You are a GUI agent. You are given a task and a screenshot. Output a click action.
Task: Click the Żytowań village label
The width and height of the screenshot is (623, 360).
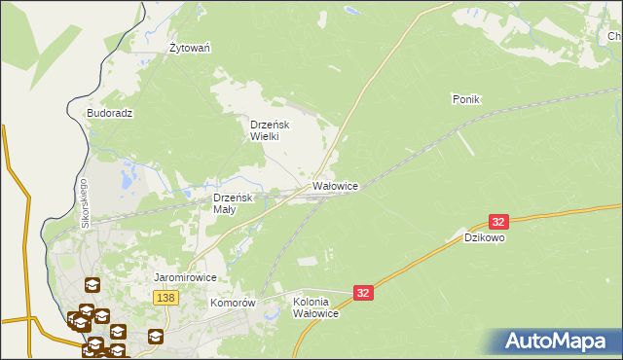[x=191, y=48]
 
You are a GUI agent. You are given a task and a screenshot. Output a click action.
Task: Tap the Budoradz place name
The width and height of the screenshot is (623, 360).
[x=109, y=113]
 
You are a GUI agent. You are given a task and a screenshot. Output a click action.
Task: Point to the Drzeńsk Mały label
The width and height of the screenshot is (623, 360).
[x=233, y=203]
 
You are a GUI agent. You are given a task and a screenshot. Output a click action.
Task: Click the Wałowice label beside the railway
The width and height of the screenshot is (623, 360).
[x=336, y=185]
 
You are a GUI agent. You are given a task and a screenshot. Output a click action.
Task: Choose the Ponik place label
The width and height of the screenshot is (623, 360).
[x=467, y=99]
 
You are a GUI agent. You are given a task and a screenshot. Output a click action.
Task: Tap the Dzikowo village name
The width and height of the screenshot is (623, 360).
[x=484, y=237]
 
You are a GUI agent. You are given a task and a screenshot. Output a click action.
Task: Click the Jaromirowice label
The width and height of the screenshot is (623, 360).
[x=185, y=277]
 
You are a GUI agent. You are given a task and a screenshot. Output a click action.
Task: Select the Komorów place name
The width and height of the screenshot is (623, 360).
[x=233, y=303]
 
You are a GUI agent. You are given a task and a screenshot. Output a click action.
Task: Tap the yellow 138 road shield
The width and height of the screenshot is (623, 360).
[x=165, y=298]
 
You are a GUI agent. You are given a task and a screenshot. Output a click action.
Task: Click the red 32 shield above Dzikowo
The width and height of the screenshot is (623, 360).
[x=499, y=223]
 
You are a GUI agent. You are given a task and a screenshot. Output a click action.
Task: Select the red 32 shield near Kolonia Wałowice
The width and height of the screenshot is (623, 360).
[x=363, y=292]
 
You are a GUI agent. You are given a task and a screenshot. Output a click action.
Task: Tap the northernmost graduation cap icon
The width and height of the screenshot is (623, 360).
[x=92, y=285]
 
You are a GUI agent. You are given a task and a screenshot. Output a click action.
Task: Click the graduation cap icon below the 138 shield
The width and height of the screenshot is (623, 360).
[x=156, y=337]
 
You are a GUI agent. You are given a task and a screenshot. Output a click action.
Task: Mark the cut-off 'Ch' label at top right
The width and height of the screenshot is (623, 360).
[x=615, y=37]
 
